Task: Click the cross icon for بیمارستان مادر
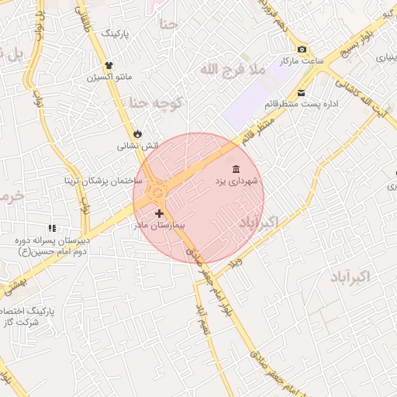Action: pyautogui.click(x=159, y=213)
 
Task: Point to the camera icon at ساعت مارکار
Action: pyautogui.click(x=302, y=50)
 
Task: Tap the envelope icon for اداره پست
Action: pyautogui.click(x=301, y=93)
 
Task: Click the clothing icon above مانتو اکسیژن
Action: pyautogui.click(x=109, y=66)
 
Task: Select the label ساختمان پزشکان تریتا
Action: pyautogui.click(x=104, y=180)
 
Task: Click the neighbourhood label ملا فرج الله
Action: pyautogui.click(x=233, y=71)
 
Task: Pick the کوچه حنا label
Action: pyautogui.click(x=155, y=103)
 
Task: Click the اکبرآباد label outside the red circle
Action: pyautogui.click(x=350, y=276)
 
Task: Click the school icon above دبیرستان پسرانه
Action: pyautogui.click(x=52, y=229)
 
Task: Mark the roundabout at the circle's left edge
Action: pyautogui.click(x=158, y=190)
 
